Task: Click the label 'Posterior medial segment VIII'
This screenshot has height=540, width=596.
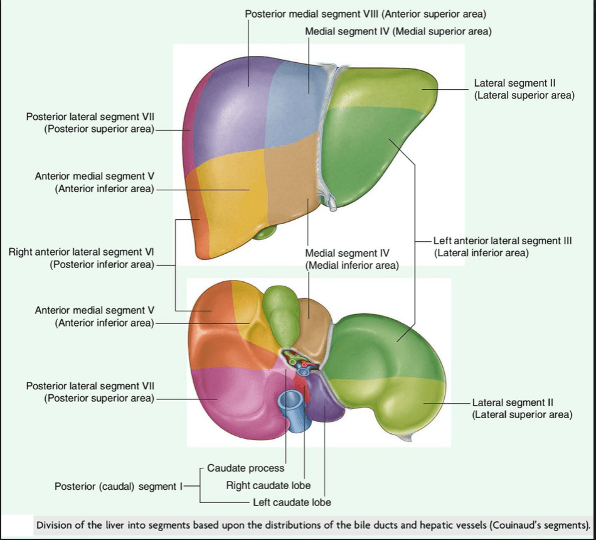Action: [312, 14]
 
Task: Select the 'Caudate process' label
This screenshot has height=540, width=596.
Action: [245, 468]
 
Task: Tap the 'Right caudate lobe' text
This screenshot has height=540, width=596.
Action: [269, 485]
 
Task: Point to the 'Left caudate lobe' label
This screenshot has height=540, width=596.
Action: [292, 502]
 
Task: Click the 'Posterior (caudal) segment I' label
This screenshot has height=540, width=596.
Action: [119, 487]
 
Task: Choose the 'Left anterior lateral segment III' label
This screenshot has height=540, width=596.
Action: [503, 241]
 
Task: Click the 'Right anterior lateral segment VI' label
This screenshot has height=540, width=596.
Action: [82, 252]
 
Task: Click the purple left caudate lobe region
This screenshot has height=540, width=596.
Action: [323, 399]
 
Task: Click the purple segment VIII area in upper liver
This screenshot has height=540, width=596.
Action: [232, 111]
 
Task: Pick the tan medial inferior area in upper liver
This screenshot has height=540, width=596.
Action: [293, 179]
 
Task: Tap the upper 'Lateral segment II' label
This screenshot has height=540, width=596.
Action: [514, 84]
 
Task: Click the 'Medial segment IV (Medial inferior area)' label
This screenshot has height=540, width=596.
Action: [352, 259]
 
